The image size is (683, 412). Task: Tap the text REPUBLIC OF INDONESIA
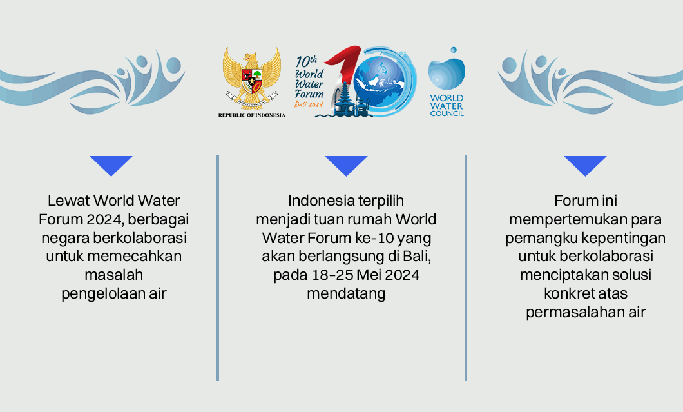251,115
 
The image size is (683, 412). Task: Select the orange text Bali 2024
308,104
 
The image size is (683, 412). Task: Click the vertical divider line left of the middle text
218,268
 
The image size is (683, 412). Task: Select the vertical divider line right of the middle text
465,268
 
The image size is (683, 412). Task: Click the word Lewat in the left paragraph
68,201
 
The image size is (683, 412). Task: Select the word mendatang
346,294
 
